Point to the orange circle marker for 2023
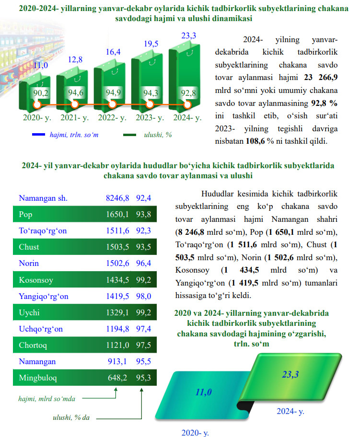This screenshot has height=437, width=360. click(x=150, y=104)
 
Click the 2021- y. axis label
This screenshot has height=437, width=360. click(x=75, y=117)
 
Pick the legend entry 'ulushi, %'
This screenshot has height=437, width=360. click(x=158, y=135)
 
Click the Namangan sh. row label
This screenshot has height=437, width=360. click(x=43, y=197)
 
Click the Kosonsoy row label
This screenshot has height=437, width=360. click(x=35, y=280)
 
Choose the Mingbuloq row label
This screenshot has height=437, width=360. click(x=38, y=378)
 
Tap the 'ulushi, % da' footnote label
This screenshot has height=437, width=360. click(x=71, y=417)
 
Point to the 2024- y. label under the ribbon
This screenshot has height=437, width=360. click(x=290, y=411)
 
